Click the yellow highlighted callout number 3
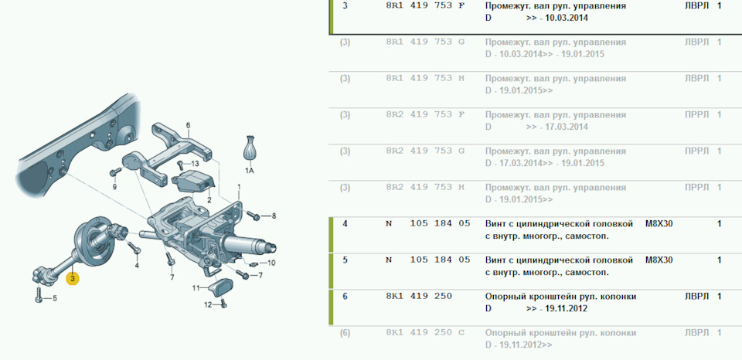click(72, 278)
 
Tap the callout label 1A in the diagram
click(250, 169)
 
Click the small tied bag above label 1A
click(250, 148)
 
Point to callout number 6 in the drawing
click(188, 125)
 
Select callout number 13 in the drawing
click(195, 164)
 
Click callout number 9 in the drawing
click(114, 186)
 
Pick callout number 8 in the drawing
click(273, 216)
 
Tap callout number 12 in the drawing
click(208, 304)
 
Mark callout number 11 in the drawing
click(196, 288)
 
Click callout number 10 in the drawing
click(271, 263)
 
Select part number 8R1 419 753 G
click(425, 42)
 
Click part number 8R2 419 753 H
click(425, 187)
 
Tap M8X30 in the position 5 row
click(659, 260)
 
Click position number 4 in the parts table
click(345, 224)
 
